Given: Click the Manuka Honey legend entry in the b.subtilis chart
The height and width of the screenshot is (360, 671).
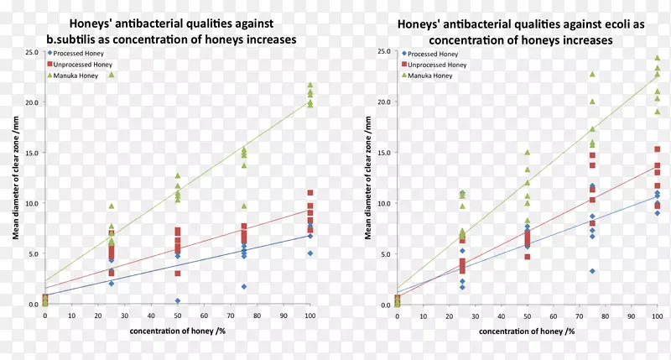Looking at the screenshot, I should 80,76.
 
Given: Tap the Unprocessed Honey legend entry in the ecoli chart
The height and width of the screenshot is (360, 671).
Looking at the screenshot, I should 438,65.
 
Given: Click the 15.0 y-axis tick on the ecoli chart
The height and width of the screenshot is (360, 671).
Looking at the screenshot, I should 384,152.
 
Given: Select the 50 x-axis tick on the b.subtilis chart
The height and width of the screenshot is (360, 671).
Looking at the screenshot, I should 178,315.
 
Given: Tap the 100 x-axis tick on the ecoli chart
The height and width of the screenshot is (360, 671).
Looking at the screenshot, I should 657,315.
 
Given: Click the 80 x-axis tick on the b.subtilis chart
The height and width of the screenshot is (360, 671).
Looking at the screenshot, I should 257,315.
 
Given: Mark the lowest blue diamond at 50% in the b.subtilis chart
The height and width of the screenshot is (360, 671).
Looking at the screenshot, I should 178,300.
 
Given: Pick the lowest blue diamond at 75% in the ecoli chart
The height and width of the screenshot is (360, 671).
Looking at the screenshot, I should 592,271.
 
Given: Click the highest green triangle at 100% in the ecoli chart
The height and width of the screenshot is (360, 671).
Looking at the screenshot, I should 657,58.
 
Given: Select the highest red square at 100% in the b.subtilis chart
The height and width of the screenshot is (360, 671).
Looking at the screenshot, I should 310,193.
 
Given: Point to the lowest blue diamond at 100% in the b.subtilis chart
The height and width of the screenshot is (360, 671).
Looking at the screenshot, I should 310,253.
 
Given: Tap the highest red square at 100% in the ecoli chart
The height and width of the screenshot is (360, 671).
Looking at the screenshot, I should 657,149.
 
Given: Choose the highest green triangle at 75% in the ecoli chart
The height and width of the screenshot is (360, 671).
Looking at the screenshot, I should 592,74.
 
